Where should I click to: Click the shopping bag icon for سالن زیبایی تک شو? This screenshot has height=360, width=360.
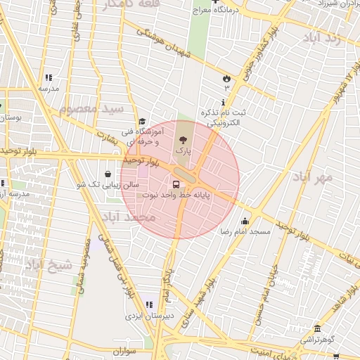click(x=107, y=174)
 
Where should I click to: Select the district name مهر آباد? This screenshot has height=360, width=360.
click(x=314, y=177)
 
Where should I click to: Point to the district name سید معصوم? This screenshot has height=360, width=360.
click(x=91, y=109)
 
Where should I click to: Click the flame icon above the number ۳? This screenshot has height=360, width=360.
click(x=226, y=78)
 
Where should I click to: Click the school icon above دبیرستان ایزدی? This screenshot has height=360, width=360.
click(x=148, y=304)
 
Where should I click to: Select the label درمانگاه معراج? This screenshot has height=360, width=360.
click(x=219, y=11)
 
